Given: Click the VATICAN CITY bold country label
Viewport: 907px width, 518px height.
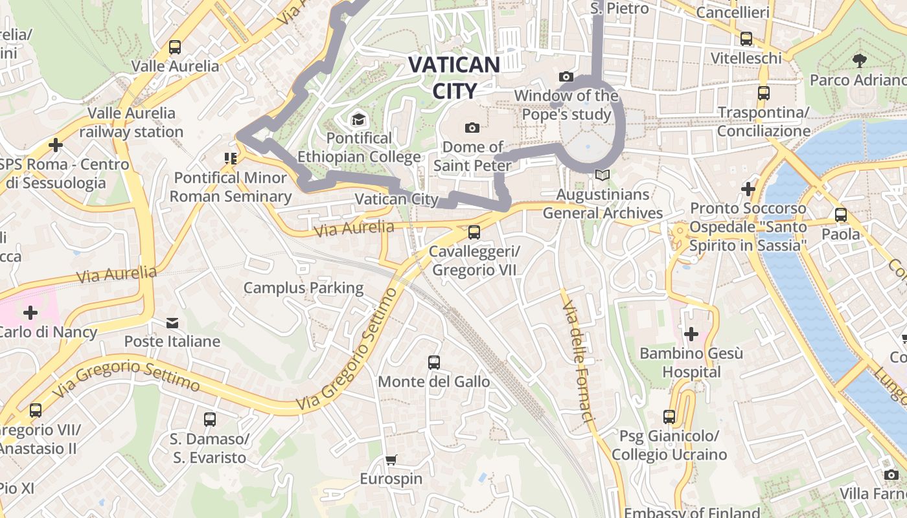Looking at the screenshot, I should click(x=454, y=78).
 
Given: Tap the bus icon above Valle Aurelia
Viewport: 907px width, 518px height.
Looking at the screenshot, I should click(x=175, y=47).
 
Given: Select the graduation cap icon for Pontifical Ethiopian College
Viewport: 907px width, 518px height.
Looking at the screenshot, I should click(x=358, y=119).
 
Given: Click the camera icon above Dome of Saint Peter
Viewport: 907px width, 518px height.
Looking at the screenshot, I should click(x=472, y=128).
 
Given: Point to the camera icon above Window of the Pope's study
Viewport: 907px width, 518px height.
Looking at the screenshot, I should click(x=566, y=77).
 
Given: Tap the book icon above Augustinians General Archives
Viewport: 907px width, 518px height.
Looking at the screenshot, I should click(x=603, y=175).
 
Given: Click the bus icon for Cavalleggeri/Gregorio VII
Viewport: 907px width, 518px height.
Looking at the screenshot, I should click(x=474, y=232).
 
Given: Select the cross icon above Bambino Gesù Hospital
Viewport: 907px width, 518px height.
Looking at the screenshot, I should click(x=691, y=334).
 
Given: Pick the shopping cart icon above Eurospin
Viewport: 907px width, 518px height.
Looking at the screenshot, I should click(x=391, y=460).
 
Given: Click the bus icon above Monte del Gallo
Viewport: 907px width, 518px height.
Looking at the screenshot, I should click(x=434, y=363).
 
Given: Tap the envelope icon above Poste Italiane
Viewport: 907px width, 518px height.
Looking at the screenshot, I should click(x=172, y=322).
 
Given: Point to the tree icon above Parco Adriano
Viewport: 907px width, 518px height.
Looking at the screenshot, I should click(x=860, y=61).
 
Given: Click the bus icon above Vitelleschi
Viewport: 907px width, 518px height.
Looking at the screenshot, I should click(x=746, y=39).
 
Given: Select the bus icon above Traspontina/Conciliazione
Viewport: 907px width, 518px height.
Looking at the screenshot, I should click(x=764, y=93).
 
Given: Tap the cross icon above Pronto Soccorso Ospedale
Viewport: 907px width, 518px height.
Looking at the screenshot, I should click(x=748, y=189).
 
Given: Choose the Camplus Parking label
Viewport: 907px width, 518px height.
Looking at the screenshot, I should click(x=303, y=287).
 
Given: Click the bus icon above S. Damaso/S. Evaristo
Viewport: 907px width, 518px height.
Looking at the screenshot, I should click(x=210, y=419).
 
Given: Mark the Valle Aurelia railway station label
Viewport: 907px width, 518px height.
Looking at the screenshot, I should click(x=132, y=122).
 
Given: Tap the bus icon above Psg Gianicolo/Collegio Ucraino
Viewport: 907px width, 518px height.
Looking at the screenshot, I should click(x=669, y=417).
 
